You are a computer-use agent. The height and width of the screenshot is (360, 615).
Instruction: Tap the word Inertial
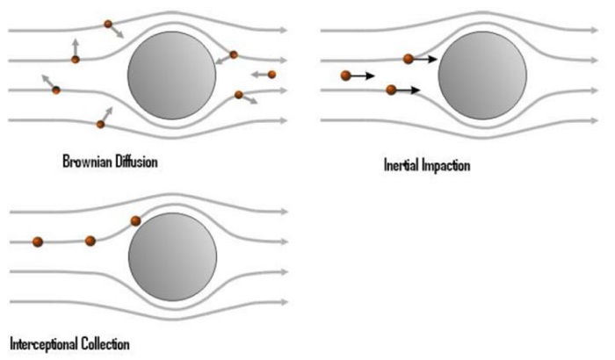point(401,165)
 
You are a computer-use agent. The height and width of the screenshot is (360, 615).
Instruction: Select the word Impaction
point(446,165)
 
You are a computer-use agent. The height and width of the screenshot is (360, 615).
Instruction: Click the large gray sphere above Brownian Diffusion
point(172,76)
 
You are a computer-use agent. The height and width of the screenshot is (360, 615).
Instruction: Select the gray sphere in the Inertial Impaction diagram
point(482,76)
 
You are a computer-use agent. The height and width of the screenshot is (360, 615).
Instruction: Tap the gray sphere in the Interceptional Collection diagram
point(172,257)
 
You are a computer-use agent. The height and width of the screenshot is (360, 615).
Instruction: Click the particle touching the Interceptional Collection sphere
point(135,220)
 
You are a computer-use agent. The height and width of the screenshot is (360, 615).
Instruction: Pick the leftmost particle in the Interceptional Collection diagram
point(38,241)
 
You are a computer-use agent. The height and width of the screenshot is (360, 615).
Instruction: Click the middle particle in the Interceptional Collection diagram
point(90,241)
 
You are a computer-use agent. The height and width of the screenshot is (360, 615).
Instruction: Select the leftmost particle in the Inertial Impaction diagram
point(345,76)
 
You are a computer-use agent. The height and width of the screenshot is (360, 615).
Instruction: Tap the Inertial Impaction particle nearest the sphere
point(409,59)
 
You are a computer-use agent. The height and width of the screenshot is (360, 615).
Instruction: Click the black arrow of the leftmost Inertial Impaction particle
point(362,76)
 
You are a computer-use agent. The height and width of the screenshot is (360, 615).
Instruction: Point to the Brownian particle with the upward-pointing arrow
point(76,60)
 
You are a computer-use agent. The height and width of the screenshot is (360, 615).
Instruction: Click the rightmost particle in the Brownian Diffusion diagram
point(271,74)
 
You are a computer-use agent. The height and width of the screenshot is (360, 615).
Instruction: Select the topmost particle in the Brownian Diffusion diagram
point(108,24)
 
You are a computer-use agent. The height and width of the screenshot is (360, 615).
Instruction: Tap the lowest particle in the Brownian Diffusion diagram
point(100,125)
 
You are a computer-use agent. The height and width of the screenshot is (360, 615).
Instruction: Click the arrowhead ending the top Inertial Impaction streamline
point(595,30)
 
